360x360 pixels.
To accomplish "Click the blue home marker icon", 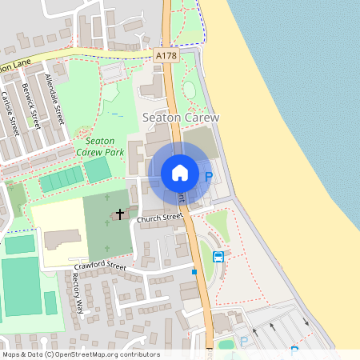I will [180, 173].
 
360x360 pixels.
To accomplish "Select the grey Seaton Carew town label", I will [180, 117].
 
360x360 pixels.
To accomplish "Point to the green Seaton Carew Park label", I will [100, 145].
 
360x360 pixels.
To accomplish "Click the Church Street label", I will [159, 218].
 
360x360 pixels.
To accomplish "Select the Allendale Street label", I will [55, 94].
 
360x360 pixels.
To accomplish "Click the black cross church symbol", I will [121, 214].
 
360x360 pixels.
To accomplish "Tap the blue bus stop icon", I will [218, 257].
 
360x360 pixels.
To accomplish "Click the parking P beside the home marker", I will [209, 177].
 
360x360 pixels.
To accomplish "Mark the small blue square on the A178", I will [194, 272].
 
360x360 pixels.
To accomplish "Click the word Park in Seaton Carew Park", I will [117, 150].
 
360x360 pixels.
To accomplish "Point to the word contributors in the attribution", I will [137, 354].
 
